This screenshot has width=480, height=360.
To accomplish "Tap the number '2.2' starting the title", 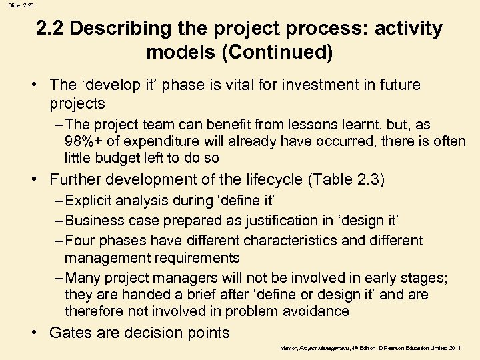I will tap(50, 29).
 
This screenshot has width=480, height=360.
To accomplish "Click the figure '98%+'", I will tap(84, 141).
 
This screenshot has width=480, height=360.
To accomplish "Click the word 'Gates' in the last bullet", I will tap(71, 333).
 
